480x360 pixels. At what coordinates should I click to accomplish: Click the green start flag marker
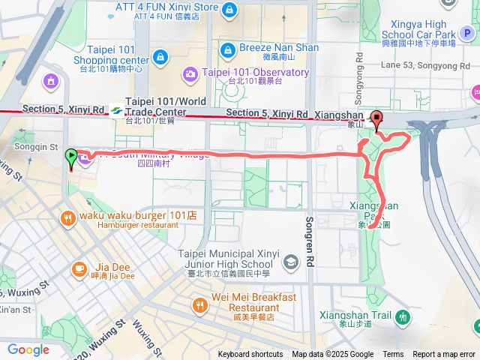pos(71,157)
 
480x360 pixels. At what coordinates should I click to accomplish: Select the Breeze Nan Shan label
pos(279,48)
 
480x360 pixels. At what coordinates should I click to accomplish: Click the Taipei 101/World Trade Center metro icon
pos(116,109)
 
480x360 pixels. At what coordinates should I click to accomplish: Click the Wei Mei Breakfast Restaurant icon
pos(199,304)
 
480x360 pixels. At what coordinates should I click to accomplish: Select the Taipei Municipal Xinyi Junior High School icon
pos(290,262)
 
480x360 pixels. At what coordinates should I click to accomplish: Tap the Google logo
pos(28,349)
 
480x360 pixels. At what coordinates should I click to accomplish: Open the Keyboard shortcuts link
pos(250,355)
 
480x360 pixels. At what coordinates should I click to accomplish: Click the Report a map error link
pos(444,355)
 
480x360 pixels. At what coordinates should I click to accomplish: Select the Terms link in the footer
pos(393,355)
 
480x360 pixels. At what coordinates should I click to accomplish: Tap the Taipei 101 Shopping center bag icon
pos(159,57)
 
